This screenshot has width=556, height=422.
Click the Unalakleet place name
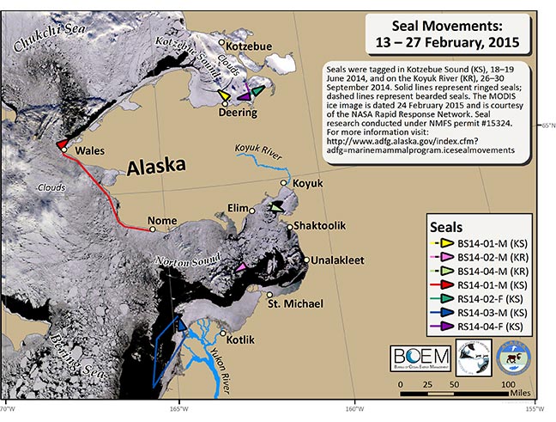coord(342,260)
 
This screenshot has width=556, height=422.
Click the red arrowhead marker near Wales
coord(63,144)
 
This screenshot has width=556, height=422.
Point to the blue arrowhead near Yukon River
coord(180,324)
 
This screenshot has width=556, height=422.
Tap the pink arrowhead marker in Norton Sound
coord(241,269)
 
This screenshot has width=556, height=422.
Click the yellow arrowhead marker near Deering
coord(223,95)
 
